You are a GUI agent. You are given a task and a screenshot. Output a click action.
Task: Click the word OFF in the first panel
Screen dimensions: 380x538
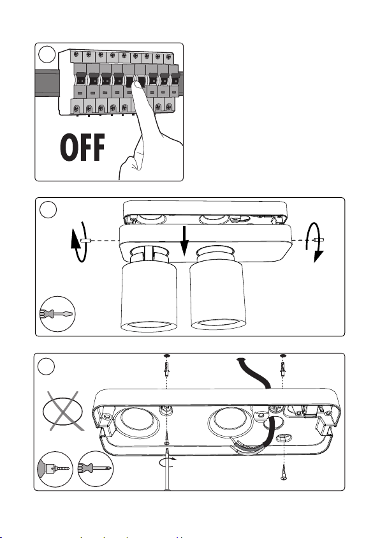(x=82, y=147)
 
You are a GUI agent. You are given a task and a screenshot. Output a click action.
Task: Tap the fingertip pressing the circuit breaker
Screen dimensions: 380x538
(x=138, y=86)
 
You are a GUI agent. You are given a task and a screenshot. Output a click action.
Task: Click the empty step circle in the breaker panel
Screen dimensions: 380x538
(x=47, y=54)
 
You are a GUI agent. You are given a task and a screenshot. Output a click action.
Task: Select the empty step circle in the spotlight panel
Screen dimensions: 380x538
(x=48, y=209)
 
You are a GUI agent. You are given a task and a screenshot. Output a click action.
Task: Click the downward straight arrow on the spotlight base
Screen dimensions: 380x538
(x=184, y=241)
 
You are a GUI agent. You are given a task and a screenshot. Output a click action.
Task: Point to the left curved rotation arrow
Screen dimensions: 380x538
(x=79, y=242)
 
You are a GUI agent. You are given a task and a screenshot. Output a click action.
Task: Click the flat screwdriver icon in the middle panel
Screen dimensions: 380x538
(x=57, y=314)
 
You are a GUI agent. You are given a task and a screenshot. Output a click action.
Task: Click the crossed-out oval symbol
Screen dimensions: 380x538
(x=63, y=411)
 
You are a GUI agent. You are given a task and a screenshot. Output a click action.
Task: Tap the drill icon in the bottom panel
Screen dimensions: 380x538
(x=55, y=468)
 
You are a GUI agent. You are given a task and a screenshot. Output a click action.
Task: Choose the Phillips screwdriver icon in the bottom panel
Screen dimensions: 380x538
(x=95, y=468)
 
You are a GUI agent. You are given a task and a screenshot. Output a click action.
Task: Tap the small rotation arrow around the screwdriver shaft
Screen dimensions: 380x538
(x=168, y=462)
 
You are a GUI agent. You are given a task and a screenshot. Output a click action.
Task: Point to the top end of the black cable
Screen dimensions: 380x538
(x=240, y=359)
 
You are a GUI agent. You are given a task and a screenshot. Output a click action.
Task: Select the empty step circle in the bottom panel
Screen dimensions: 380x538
(x=46, y=366)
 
